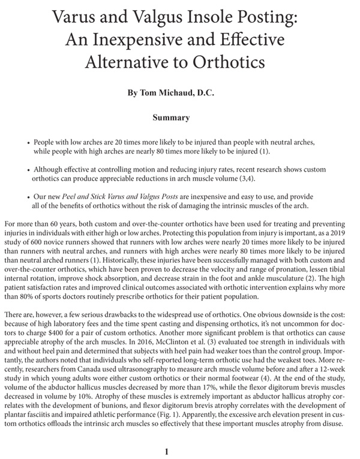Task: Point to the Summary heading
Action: [171, 118]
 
